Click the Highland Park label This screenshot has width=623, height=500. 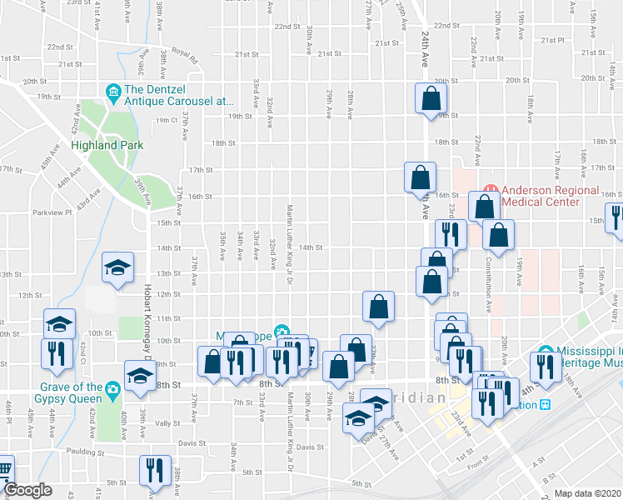point(107,145)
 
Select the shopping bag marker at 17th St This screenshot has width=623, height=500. point(420,176)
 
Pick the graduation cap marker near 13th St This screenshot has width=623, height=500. point(117,267)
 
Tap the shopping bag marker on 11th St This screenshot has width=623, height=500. point(378,306)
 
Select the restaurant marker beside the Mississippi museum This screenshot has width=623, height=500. point(545,367)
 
